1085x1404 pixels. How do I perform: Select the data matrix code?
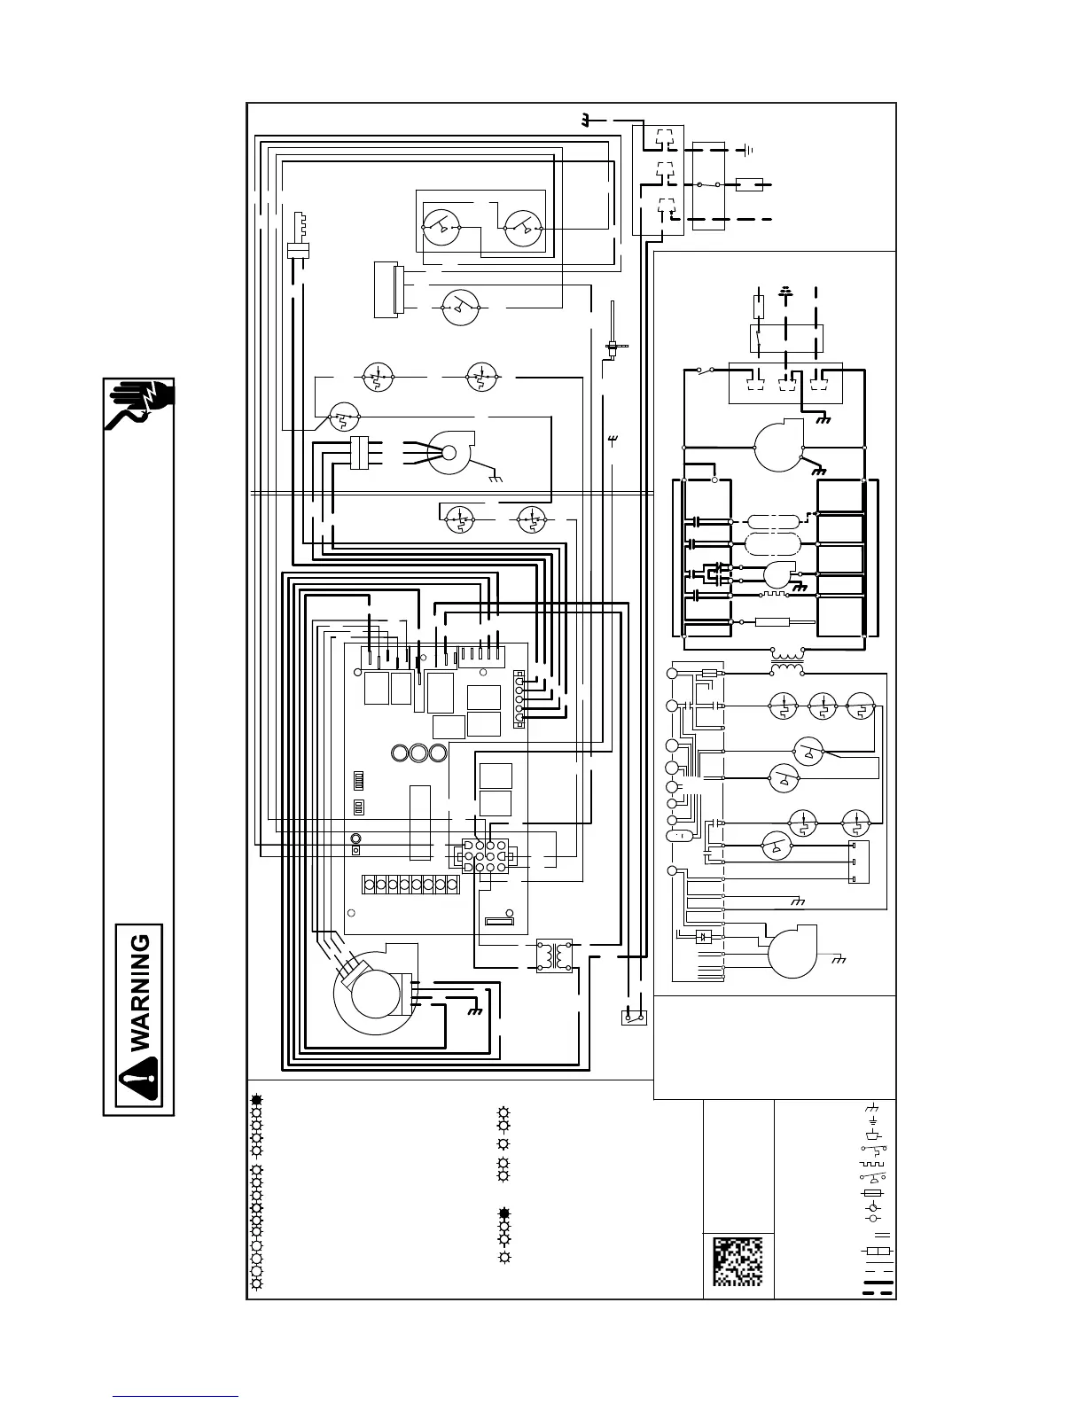pyautogui.click(x=738, y=1261)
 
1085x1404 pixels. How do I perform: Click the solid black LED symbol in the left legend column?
pyautogui.click(x=256, y=1100)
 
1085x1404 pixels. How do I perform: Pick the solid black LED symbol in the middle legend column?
pyautogui.click(x=504, y=1213)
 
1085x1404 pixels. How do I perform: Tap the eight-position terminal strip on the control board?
pyautogui.click(x=410, y=884)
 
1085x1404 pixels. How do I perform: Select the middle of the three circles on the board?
pyautogui.click(x=418, y=753)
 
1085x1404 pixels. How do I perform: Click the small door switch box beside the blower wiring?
pyautogui.click(x=634, y=1018)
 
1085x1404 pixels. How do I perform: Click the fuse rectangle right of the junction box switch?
pyautogui.click(x=748, y=185)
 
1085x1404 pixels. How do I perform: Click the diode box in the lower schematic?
pyautogui.click(x=704, y=936)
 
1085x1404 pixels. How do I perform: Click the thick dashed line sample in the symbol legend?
pyautogui.click(x=878, y=1292)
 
